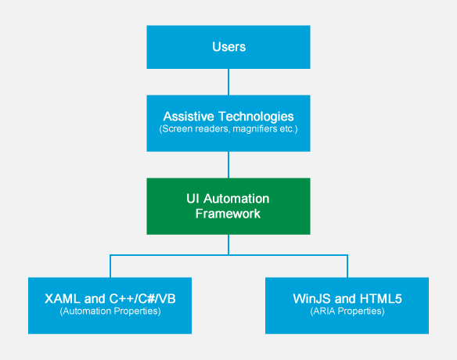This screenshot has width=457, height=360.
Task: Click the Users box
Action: [x=228, y=47]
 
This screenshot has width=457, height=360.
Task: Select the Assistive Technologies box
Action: [x=228, y=123]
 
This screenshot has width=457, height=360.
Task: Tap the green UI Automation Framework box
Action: [x=228, y=206]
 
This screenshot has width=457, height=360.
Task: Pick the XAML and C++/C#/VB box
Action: [x=110, y=305]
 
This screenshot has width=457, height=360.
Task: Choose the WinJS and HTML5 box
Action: [x=347, y=305]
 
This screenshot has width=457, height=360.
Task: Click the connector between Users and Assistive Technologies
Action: [x=228, y=81]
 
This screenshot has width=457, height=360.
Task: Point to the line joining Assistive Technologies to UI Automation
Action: [x=228, y=164]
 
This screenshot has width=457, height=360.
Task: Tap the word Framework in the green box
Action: [x=228, y=214]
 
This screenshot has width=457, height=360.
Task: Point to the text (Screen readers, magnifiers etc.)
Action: [x=228, y=128]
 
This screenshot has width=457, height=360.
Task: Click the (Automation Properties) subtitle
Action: [x=110, y=311]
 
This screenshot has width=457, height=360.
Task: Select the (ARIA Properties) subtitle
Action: [x=347, y=311]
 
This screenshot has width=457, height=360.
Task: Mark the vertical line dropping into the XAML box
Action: [x=110, y=266]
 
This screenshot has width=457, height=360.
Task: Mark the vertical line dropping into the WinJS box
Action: [x=347, y=266]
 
